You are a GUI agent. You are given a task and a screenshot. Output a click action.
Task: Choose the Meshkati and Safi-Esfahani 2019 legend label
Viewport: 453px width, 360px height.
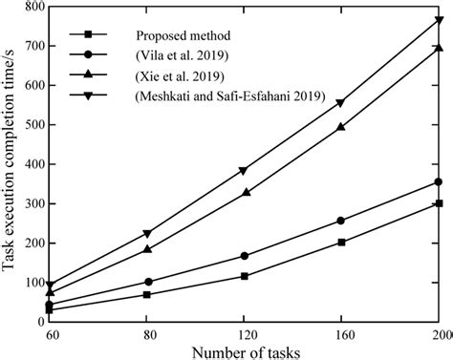tap(230, 96)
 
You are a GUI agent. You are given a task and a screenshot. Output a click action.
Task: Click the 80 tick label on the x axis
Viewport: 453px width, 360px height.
tap(146, 334)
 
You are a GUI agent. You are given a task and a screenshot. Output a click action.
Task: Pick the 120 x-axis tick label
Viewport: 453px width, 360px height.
tap(245, 334)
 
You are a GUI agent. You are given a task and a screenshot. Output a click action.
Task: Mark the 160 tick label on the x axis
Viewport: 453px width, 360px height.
tap(341, 334)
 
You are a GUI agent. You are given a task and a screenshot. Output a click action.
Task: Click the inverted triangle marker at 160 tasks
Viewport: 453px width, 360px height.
tap(341, 103)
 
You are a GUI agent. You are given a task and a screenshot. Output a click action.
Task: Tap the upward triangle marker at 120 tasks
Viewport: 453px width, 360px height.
tap(245, 192)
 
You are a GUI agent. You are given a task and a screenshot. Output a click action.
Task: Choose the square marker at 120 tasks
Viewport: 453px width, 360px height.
tap(245, 276)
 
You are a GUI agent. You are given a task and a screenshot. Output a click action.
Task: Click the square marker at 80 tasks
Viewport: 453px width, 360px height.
tap(147, 294)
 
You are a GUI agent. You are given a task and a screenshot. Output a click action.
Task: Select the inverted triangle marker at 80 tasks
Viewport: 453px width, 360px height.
tap(147, 233)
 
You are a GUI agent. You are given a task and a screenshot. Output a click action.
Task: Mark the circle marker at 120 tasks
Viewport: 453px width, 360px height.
tap(245, 256)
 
